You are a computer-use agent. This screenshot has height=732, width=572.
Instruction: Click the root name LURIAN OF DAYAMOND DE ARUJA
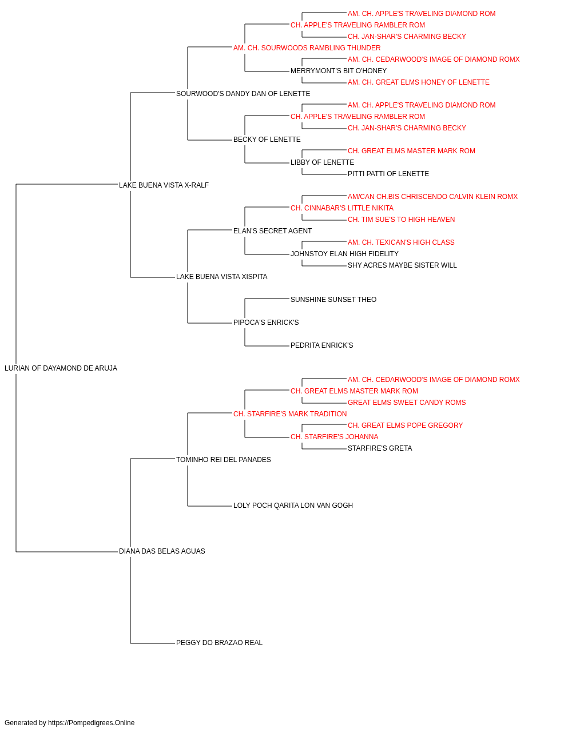[61, 368]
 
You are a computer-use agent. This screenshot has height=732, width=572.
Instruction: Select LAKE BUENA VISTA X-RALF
[164, 185]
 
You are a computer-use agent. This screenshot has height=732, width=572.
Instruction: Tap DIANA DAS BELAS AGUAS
[162, 551]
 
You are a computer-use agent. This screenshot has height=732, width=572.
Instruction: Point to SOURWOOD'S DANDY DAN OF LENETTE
[243, 94]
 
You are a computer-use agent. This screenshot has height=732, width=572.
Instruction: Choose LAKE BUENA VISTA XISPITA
[222, 277]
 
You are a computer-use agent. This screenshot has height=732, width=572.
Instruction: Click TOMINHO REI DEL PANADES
[223, 460]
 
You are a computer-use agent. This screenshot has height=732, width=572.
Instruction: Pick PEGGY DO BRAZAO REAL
[219, 643]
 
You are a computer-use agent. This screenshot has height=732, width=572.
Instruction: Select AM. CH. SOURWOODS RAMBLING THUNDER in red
[307, 48]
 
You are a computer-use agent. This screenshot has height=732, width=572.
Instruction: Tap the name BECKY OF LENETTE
[267, 140]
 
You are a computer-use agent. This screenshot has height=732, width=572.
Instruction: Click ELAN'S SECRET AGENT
[272, 230]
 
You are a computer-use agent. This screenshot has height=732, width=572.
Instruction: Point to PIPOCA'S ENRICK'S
[266, 323]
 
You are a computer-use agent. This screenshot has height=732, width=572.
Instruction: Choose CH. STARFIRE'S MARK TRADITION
[290, 414]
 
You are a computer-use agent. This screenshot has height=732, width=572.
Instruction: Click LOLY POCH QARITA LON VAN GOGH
[293, 506]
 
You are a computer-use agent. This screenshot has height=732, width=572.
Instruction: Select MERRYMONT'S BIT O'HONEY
[339, 71]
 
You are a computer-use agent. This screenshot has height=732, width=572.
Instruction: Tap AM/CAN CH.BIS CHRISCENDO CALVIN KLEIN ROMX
[432, 196]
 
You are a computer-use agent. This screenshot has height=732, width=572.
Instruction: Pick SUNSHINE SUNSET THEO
[333, 300]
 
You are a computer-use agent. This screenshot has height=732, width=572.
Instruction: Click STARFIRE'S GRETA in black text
[380, 448]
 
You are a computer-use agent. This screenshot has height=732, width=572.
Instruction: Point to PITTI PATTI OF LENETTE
[388, 174]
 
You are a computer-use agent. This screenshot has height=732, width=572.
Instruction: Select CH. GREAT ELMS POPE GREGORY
[405, 425]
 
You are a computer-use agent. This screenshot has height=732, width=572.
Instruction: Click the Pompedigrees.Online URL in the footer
[91, 723]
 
